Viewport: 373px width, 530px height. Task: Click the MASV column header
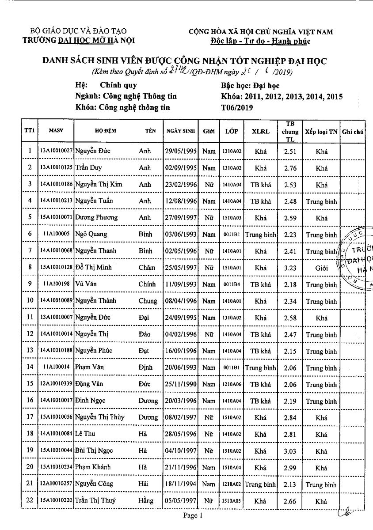(x=56, y=131)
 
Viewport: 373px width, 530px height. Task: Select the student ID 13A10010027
(x=56, y=151)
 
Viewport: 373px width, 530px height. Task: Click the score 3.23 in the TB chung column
(x=290, y=268)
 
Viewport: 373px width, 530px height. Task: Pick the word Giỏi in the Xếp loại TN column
(x=321, y=268)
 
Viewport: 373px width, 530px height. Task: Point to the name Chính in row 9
(x=147, y=284)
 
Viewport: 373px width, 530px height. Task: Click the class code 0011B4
(x=232, y=285)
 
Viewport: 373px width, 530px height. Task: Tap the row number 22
(x=30, y=501)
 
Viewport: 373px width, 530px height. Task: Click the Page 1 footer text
(x=193, y=515)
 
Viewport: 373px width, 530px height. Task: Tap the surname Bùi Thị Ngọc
(x=94, y=451)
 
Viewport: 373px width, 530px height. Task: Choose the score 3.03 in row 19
(x=290, y=451)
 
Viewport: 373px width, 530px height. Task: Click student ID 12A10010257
(x=56, y=484)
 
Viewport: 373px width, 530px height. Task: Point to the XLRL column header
(x=260, y=131)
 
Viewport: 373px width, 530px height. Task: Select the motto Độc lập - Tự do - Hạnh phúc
(x=260, y=41)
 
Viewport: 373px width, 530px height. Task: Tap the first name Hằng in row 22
(x=146, y=501)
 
